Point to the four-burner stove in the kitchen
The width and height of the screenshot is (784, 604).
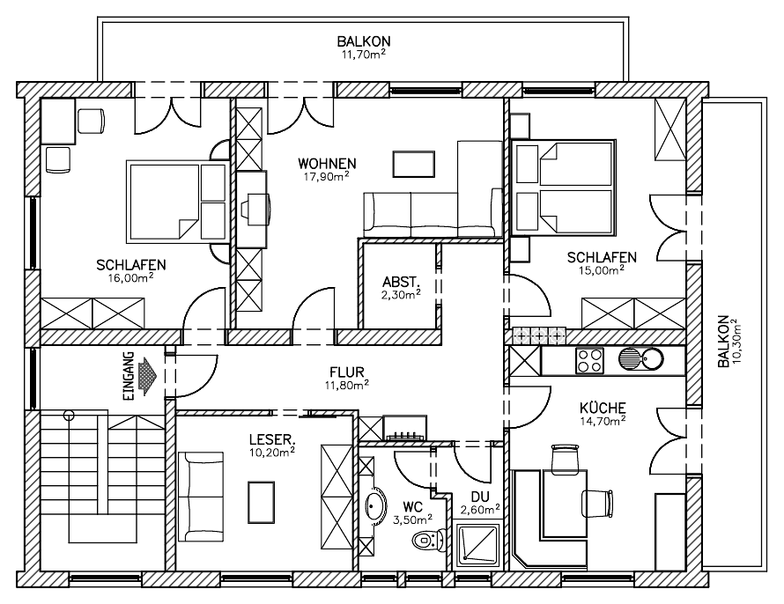[588, 359]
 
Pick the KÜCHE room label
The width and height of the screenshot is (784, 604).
[603, 408]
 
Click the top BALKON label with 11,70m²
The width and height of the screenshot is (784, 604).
[364, 41]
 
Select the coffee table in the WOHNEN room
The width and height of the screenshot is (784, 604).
[413, 164]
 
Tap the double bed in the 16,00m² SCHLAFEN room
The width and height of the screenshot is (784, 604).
[176, 201]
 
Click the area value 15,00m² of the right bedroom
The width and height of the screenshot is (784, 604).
[603, 270]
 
